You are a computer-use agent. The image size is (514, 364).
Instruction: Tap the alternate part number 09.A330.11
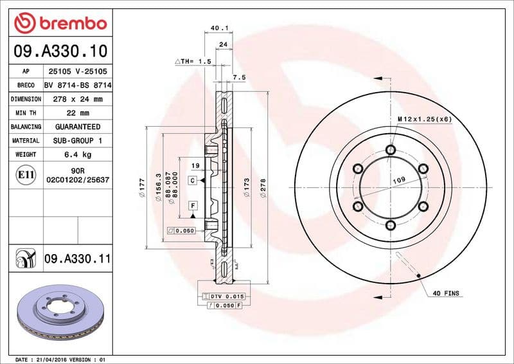(78, 259)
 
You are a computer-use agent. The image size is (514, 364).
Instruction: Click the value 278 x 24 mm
(76, 99)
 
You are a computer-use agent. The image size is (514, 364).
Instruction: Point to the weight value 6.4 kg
(76, 154)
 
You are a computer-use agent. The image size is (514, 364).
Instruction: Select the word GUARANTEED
(76, 127)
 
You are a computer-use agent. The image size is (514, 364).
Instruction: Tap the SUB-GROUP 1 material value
(76, 140)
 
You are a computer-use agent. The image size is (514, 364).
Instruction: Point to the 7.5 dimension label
(239, 77)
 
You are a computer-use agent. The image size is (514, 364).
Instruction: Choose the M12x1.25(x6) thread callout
(424, 120)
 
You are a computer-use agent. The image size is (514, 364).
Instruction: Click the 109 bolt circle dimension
(398, 181)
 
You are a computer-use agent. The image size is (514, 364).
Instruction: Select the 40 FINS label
(447, 293)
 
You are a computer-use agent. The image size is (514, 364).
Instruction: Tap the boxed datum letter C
(192, 181)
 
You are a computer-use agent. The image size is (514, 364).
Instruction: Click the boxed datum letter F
(192, 206)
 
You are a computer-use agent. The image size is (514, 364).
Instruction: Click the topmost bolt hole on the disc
(390, 150)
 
